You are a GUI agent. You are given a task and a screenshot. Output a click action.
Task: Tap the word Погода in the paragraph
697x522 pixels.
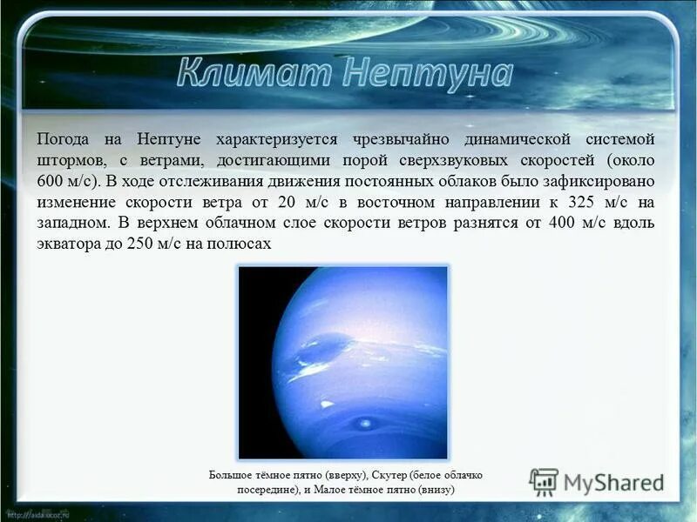(x=64, y=139)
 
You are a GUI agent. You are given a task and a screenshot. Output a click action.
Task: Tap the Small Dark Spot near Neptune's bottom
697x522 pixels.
(x=362, y=424)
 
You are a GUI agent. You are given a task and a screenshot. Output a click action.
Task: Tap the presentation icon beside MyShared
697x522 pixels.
(x=544, y=482)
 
